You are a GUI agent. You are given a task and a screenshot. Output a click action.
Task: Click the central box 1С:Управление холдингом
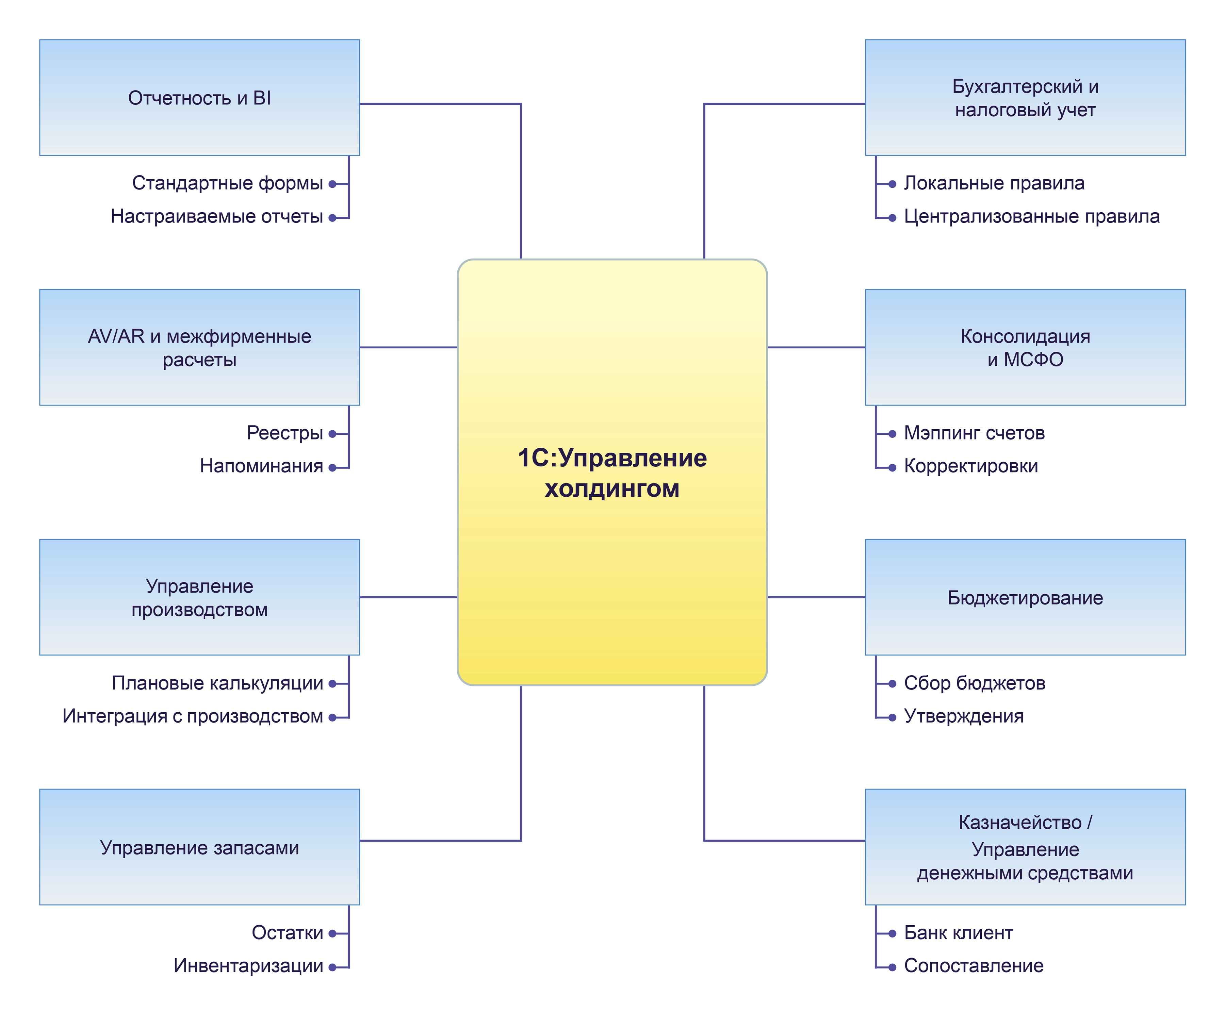click(611, 472)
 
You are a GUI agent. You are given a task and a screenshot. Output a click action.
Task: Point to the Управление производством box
click(199, 597)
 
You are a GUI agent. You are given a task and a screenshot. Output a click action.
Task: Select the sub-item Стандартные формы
click(227, 183)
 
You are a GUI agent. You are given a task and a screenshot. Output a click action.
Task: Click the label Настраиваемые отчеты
click(217, 216)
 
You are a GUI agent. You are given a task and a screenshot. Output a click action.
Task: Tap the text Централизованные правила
click(1031, 216)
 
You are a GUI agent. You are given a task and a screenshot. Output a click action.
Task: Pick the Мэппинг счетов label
click(974, 433)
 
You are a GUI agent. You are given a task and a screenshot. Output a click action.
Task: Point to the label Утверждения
click(963, 716)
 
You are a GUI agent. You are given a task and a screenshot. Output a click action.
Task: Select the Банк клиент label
click(958, 932)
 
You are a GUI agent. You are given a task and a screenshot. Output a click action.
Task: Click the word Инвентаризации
click(248, 965)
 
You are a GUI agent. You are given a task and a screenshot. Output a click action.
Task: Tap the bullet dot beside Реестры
click(332, 434)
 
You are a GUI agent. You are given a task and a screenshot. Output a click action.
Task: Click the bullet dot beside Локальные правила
click(892, 184)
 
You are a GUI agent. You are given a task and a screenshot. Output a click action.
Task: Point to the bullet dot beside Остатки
click(332, 933)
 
